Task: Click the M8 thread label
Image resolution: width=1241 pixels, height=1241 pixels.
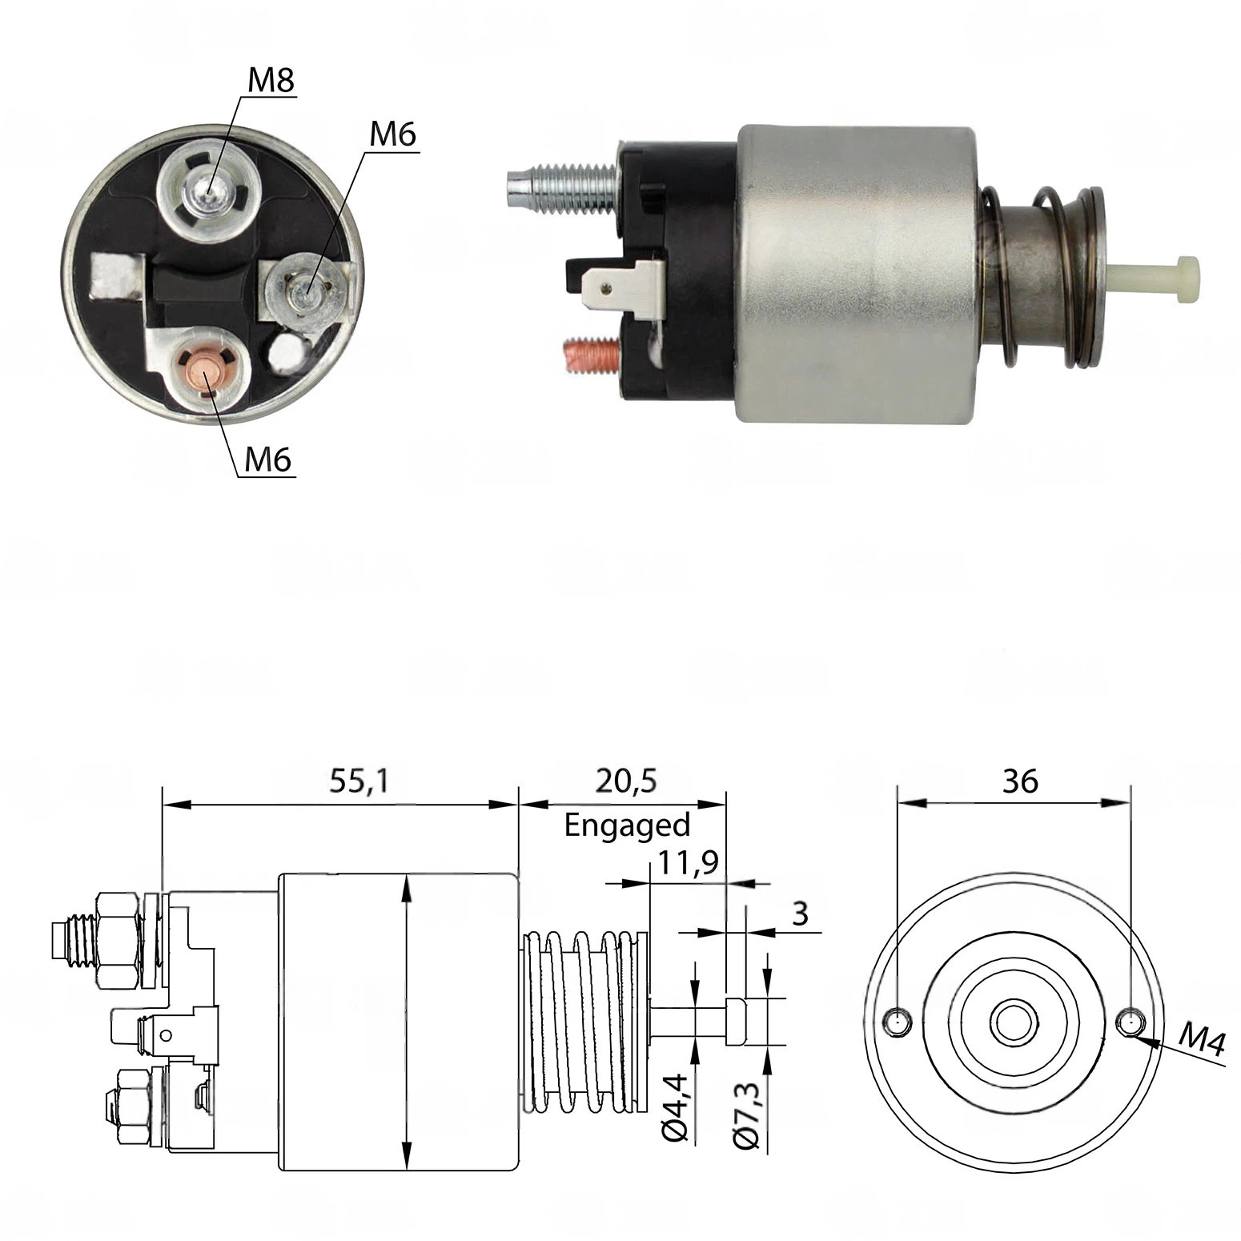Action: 271,82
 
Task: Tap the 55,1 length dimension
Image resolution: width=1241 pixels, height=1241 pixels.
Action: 359,781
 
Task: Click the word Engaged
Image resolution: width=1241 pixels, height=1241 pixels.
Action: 627,825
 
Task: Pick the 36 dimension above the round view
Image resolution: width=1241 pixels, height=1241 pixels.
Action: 1020,781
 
